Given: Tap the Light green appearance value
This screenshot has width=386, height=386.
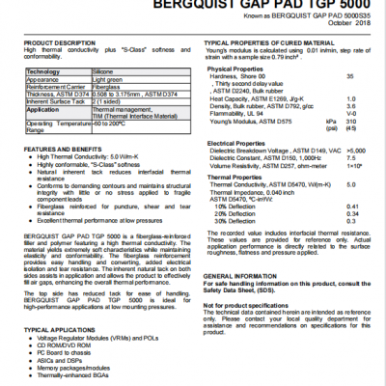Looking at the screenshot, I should pos(109,81).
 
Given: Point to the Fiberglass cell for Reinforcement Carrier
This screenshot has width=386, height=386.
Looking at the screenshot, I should pos(106,89).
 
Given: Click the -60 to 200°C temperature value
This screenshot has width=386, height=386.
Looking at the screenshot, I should pos(109,124).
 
